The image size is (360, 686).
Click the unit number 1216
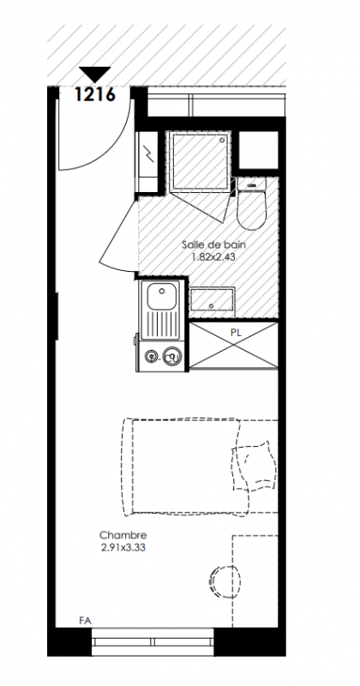pos(95,94)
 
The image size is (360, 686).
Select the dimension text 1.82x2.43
pos(213,256)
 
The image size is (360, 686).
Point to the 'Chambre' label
pos(123,535)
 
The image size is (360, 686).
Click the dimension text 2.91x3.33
pos(123,547)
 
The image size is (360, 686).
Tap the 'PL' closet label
pos(236,333)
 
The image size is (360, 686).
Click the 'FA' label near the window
pos(86,620)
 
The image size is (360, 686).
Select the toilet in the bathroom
pos(251,203)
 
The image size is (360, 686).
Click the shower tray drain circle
pos(223,140)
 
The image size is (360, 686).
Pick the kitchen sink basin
pos(161,295)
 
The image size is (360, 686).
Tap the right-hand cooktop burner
pos(172,356)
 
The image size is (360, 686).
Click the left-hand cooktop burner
pos(152,356)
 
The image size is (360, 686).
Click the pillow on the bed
pos(254,466)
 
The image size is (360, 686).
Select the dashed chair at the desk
pos(225,582)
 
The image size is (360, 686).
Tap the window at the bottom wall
pos(153,641)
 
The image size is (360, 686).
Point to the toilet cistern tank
pos(251,184)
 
